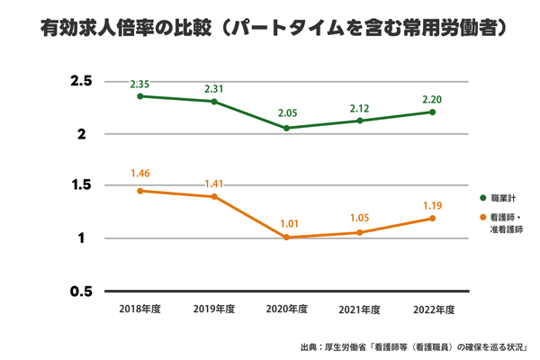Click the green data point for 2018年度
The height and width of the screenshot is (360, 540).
tap(140, 96)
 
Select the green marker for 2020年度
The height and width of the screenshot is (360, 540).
tap(286, 128)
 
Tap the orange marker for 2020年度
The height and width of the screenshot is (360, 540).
tap(286, 238)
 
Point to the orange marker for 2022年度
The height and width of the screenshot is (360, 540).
tap(432, 218)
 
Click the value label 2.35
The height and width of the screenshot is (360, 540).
tap(140, 84)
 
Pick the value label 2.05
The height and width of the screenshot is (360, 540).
tap(286, 114)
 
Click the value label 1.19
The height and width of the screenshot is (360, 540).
tap(432, 205)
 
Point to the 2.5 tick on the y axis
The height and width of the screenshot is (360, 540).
tap(82, 82)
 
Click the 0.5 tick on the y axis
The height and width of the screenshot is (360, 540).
tap(82, 291)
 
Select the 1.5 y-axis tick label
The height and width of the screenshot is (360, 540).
tap(82, 185)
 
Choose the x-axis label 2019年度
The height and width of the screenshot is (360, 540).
tap(213, 309)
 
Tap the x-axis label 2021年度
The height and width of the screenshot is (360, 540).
tap(359, 309)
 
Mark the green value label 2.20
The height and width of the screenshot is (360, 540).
tap(432, 100)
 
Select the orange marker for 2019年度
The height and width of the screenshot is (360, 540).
tap(213, 196)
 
